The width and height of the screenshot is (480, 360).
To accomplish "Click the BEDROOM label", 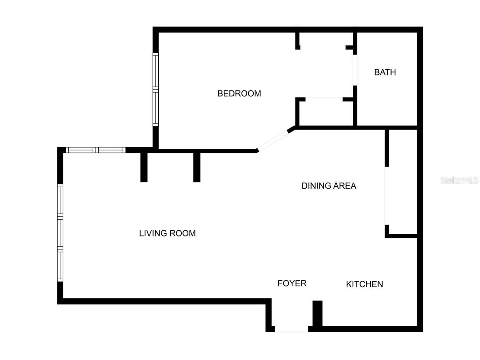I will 239,93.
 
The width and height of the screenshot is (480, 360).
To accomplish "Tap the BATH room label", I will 385,72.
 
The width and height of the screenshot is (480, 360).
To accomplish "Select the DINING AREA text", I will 329,186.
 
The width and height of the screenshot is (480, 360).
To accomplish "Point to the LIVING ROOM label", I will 167,233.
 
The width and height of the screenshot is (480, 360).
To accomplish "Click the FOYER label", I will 292,283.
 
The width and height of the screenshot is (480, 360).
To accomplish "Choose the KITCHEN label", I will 365,284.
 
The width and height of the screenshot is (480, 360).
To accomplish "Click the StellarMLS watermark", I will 460,180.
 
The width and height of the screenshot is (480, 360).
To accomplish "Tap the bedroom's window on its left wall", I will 155,90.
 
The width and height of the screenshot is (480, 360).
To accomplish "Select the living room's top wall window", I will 95,150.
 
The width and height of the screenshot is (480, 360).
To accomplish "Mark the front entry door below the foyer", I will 291,329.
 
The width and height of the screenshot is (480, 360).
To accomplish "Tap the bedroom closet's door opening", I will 324,99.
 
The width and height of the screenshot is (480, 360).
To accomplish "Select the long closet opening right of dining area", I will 387,196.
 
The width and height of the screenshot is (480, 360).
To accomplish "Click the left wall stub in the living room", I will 144,167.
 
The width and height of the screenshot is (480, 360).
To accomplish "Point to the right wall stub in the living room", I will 197,167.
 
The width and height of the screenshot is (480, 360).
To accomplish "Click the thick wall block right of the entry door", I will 317,313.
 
